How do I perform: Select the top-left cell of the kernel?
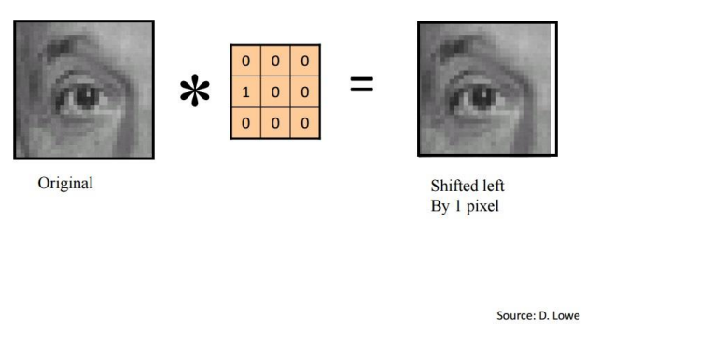click(245, 62)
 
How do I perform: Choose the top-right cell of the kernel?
click(305, 62)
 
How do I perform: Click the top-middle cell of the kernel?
click(275, 62)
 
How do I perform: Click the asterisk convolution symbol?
click(194, 92)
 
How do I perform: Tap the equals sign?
click(361, 86)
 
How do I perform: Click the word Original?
click(65, 183)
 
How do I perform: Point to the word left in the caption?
click(492, 187)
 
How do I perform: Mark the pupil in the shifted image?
click(482, 95)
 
